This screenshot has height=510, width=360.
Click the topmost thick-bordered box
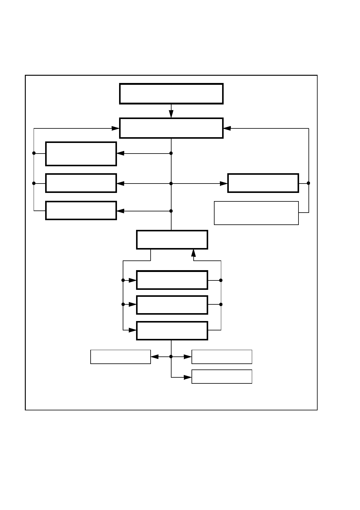171,94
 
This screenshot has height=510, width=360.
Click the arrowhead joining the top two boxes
171,114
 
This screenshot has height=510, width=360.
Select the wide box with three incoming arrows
171,128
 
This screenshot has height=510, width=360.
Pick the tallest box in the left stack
81,154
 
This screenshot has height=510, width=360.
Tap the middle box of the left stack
81,183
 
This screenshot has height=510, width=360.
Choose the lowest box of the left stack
81,210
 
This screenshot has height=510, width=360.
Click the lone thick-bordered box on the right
263,183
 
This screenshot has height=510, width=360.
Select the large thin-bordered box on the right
256,213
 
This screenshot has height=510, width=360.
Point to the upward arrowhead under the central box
193,253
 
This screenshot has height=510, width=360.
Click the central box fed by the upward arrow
172,240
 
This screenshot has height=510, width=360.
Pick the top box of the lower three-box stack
172,280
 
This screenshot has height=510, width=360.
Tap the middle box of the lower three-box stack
172,305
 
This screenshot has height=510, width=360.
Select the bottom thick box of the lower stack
172,331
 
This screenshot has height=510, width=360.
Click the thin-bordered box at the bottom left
121,357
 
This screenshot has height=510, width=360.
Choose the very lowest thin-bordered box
222,377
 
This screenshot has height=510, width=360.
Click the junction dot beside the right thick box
308,183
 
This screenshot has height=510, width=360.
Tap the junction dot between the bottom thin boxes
171,357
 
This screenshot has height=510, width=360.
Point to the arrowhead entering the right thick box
224,184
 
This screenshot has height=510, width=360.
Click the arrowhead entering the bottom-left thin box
155,357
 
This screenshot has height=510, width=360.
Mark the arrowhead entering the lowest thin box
188,377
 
